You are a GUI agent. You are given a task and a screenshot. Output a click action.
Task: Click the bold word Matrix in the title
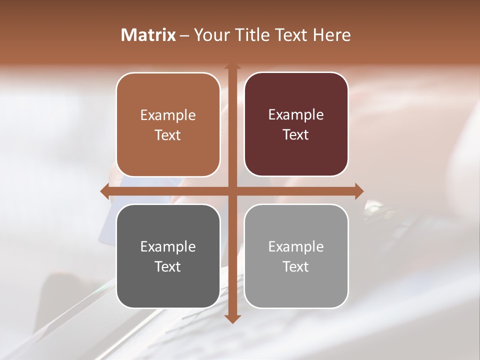pyautogui.click(x=148, y=35)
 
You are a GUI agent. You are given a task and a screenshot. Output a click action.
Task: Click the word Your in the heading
pyautogui.click(x=210, y=35)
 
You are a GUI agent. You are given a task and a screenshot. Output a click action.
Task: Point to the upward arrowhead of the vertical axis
pyautogui.click(x=232, y=66)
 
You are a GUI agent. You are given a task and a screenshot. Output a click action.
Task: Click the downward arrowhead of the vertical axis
pyautogui.click(x=232, y=318)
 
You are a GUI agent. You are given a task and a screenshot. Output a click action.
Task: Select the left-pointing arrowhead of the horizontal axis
pyautogui.click(x=104, y=191)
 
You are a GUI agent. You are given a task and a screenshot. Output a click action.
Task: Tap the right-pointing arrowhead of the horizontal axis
pyautogui.click(x=359, y=191)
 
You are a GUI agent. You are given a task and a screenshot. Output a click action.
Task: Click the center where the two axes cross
pyautogui.click(x=232, y=191)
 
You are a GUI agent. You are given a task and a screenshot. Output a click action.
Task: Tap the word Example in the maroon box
pyautogui.click(x=296, y=115)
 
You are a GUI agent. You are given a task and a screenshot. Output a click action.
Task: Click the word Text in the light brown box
pyautogui.click(x=168, y=135)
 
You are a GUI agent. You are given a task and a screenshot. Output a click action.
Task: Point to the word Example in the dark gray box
pyautogui.click(x=168, y=246)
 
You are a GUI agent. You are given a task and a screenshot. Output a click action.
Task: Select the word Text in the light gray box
pyautogui.click(x=296, y=266)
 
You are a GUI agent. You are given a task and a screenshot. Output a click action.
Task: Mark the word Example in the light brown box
pyautogui.click(x=168, y=115)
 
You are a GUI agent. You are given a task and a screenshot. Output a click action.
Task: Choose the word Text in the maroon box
pyautogui.click(x=296, y=135)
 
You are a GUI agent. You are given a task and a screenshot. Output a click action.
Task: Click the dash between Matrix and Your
pyautogui.click(x=184, y=35)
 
